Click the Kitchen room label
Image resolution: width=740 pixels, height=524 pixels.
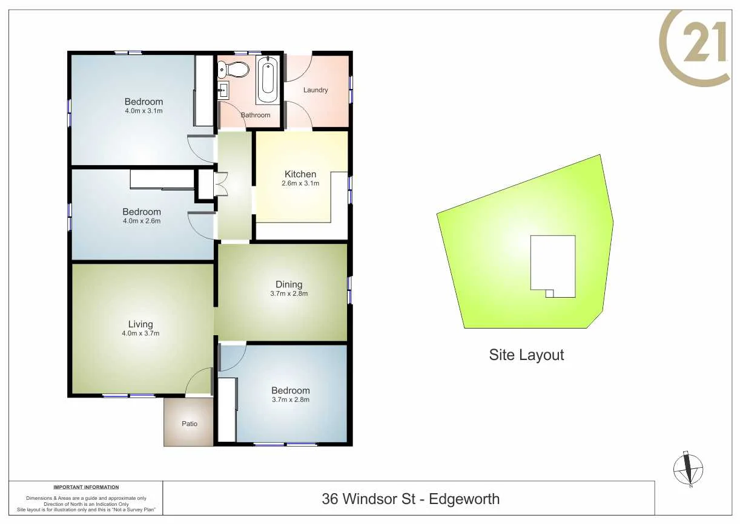[x=300, y=174]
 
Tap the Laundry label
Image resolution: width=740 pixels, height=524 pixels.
[x=315, y=90]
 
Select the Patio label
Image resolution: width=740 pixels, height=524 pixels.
[x=190, y=424]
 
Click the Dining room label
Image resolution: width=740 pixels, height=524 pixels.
[x=288, y=284]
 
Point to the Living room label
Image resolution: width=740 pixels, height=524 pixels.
[x=140, y=324]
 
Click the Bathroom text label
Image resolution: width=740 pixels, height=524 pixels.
[x=256, y=115]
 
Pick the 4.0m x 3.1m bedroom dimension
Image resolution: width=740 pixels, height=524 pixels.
[x=144, y=111]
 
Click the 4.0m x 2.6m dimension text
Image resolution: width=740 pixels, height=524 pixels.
[x=142, y=221]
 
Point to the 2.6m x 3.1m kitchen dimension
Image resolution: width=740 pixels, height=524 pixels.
[x=300, y=183]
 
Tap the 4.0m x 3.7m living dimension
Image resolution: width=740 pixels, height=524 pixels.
[x=140, y=333]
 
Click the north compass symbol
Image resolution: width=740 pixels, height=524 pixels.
[x=689, y=469]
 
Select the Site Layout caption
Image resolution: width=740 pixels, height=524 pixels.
[x=526, y=355]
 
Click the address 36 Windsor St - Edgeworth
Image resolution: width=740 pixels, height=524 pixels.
[x=411, y=499]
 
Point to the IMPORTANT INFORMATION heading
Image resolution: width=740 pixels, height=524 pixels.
[x=86, y=487]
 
